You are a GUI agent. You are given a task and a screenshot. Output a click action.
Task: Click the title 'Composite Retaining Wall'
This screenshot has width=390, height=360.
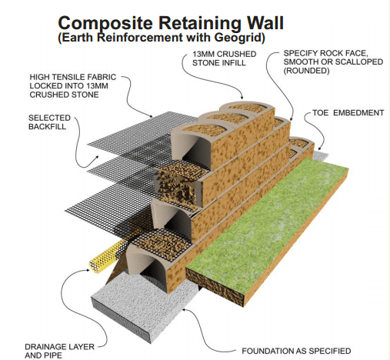(x=171, y=23)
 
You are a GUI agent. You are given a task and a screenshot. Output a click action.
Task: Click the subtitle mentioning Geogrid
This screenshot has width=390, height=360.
(x=162, y=38)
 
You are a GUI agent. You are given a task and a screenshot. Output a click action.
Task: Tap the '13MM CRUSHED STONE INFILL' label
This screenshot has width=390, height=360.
(x=225, y=58)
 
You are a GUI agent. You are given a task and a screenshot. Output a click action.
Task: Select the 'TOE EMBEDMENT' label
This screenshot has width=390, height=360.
(x=348, y=113)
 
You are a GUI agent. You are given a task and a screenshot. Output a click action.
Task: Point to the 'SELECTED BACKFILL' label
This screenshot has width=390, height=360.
(x=49, y=122)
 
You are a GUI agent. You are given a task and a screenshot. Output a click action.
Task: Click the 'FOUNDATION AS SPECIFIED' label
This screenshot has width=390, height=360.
(x=296, y=351)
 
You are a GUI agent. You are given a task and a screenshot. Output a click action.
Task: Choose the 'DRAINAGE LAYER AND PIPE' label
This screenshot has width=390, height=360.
(x=59, y=351)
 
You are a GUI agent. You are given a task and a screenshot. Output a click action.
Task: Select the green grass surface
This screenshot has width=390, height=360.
(x=267, y=215)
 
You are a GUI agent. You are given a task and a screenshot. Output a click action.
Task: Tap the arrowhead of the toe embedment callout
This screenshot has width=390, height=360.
(x=319, y=148)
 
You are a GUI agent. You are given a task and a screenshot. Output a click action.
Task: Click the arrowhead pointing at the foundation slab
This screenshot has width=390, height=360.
(x=184, y=309)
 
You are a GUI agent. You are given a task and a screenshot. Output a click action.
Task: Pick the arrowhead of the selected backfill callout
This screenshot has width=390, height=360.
(x=97, y=157)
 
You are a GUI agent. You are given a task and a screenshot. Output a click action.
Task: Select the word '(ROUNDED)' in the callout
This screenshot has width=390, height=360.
(x=306, y=71)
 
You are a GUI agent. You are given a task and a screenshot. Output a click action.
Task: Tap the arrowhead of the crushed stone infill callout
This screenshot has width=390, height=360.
(x=242, y=97)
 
